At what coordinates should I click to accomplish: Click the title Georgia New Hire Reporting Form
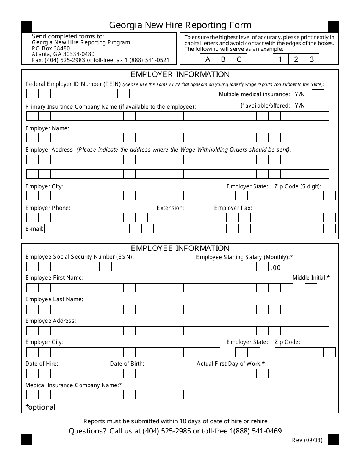click(x=180, y=25)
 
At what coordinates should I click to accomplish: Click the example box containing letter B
click(x=223, y=59)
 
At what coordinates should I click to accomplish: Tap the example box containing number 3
click(x=312, y=59)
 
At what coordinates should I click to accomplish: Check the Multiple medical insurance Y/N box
click(x=318, y=94)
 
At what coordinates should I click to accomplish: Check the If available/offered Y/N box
click(x=318, y=105)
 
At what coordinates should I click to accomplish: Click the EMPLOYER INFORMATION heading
click(x=180, y=74)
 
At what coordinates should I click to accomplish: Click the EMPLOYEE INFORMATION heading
click(x=180, y=248)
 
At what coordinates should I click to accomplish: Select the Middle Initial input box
click(x=311, y=288)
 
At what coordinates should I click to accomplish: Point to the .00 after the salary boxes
click(x=275, y=268)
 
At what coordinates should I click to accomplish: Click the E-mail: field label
click(x=34, y=229)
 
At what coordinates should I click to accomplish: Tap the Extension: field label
click(x=170, y=208)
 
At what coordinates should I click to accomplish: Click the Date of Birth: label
click(x=127, y=364)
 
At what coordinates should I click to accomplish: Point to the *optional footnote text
click(x=40, y=407)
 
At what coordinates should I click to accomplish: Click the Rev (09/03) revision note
click(x=307, y=440)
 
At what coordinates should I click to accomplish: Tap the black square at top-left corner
click(x=27, y=27)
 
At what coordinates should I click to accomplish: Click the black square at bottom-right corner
click(x=333, y=439)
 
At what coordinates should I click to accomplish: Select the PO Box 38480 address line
click(x=51, y=48)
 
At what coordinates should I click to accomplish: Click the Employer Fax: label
click(x=233, y=208)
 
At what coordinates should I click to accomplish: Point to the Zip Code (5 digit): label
click(x=298, y=186)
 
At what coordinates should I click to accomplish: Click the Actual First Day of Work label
click(x=230, y=364)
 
